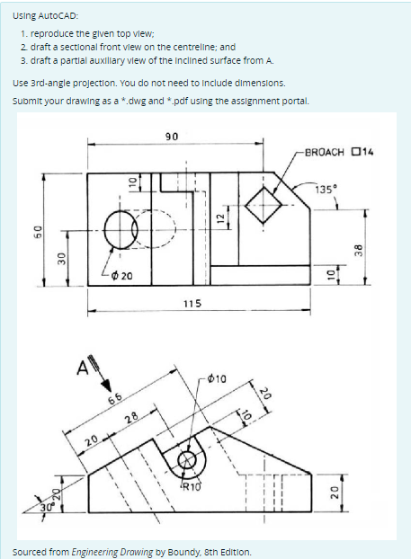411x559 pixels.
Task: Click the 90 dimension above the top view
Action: pyautogui.click(x=172, y=136)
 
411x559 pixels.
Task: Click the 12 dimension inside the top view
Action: pyautogui.click(x=219, y=215)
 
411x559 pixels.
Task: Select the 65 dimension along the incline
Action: pyautogui.click(x=116, y=398)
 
